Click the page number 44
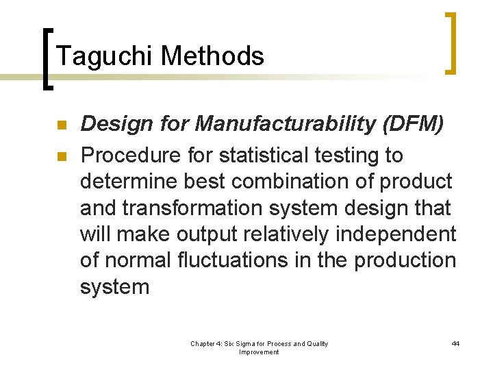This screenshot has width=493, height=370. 455,343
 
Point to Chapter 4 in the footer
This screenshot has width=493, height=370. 208,343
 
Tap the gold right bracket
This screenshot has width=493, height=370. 451,42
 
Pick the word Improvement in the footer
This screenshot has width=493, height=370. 259,352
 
